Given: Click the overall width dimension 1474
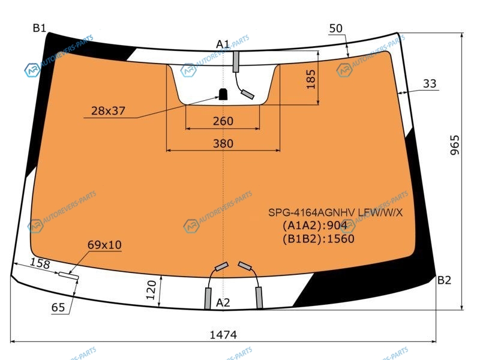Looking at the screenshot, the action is (x=223, y=335).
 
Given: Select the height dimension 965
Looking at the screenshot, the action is (x=455, y=145).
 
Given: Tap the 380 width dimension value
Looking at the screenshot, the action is (x=223, y=143).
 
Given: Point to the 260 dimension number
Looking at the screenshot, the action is (x=223, y=121).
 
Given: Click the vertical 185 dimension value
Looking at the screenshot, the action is (x=311, y=79).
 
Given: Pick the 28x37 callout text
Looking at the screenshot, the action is (x=108, y=110).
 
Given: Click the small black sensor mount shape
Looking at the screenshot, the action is (x=223, y=94).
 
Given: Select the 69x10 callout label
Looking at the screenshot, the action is (x=104, y=245).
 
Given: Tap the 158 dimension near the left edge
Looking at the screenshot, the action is (x=40, y=263).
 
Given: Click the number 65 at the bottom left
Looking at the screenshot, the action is (x=58, y=307).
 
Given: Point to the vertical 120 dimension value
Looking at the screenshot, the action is (x=151, y=290).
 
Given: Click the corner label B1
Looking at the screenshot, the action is (x=39, y=28).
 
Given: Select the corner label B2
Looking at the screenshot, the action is (x=444, y=280).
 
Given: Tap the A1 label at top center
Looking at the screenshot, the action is (x=223, y=44).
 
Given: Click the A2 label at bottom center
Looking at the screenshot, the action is (x=223, y=302).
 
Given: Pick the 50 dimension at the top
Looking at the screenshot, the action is (x=336, y=28).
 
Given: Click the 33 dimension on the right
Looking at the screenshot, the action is (x=430, y=83).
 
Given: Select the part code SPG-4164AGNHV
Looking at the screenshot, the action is (x=311, y=212).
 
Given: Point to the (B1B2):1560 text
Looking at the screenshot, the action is (x=319, y=238).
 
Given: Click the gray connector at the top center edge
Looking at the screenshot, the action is (x=236, y=62).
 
